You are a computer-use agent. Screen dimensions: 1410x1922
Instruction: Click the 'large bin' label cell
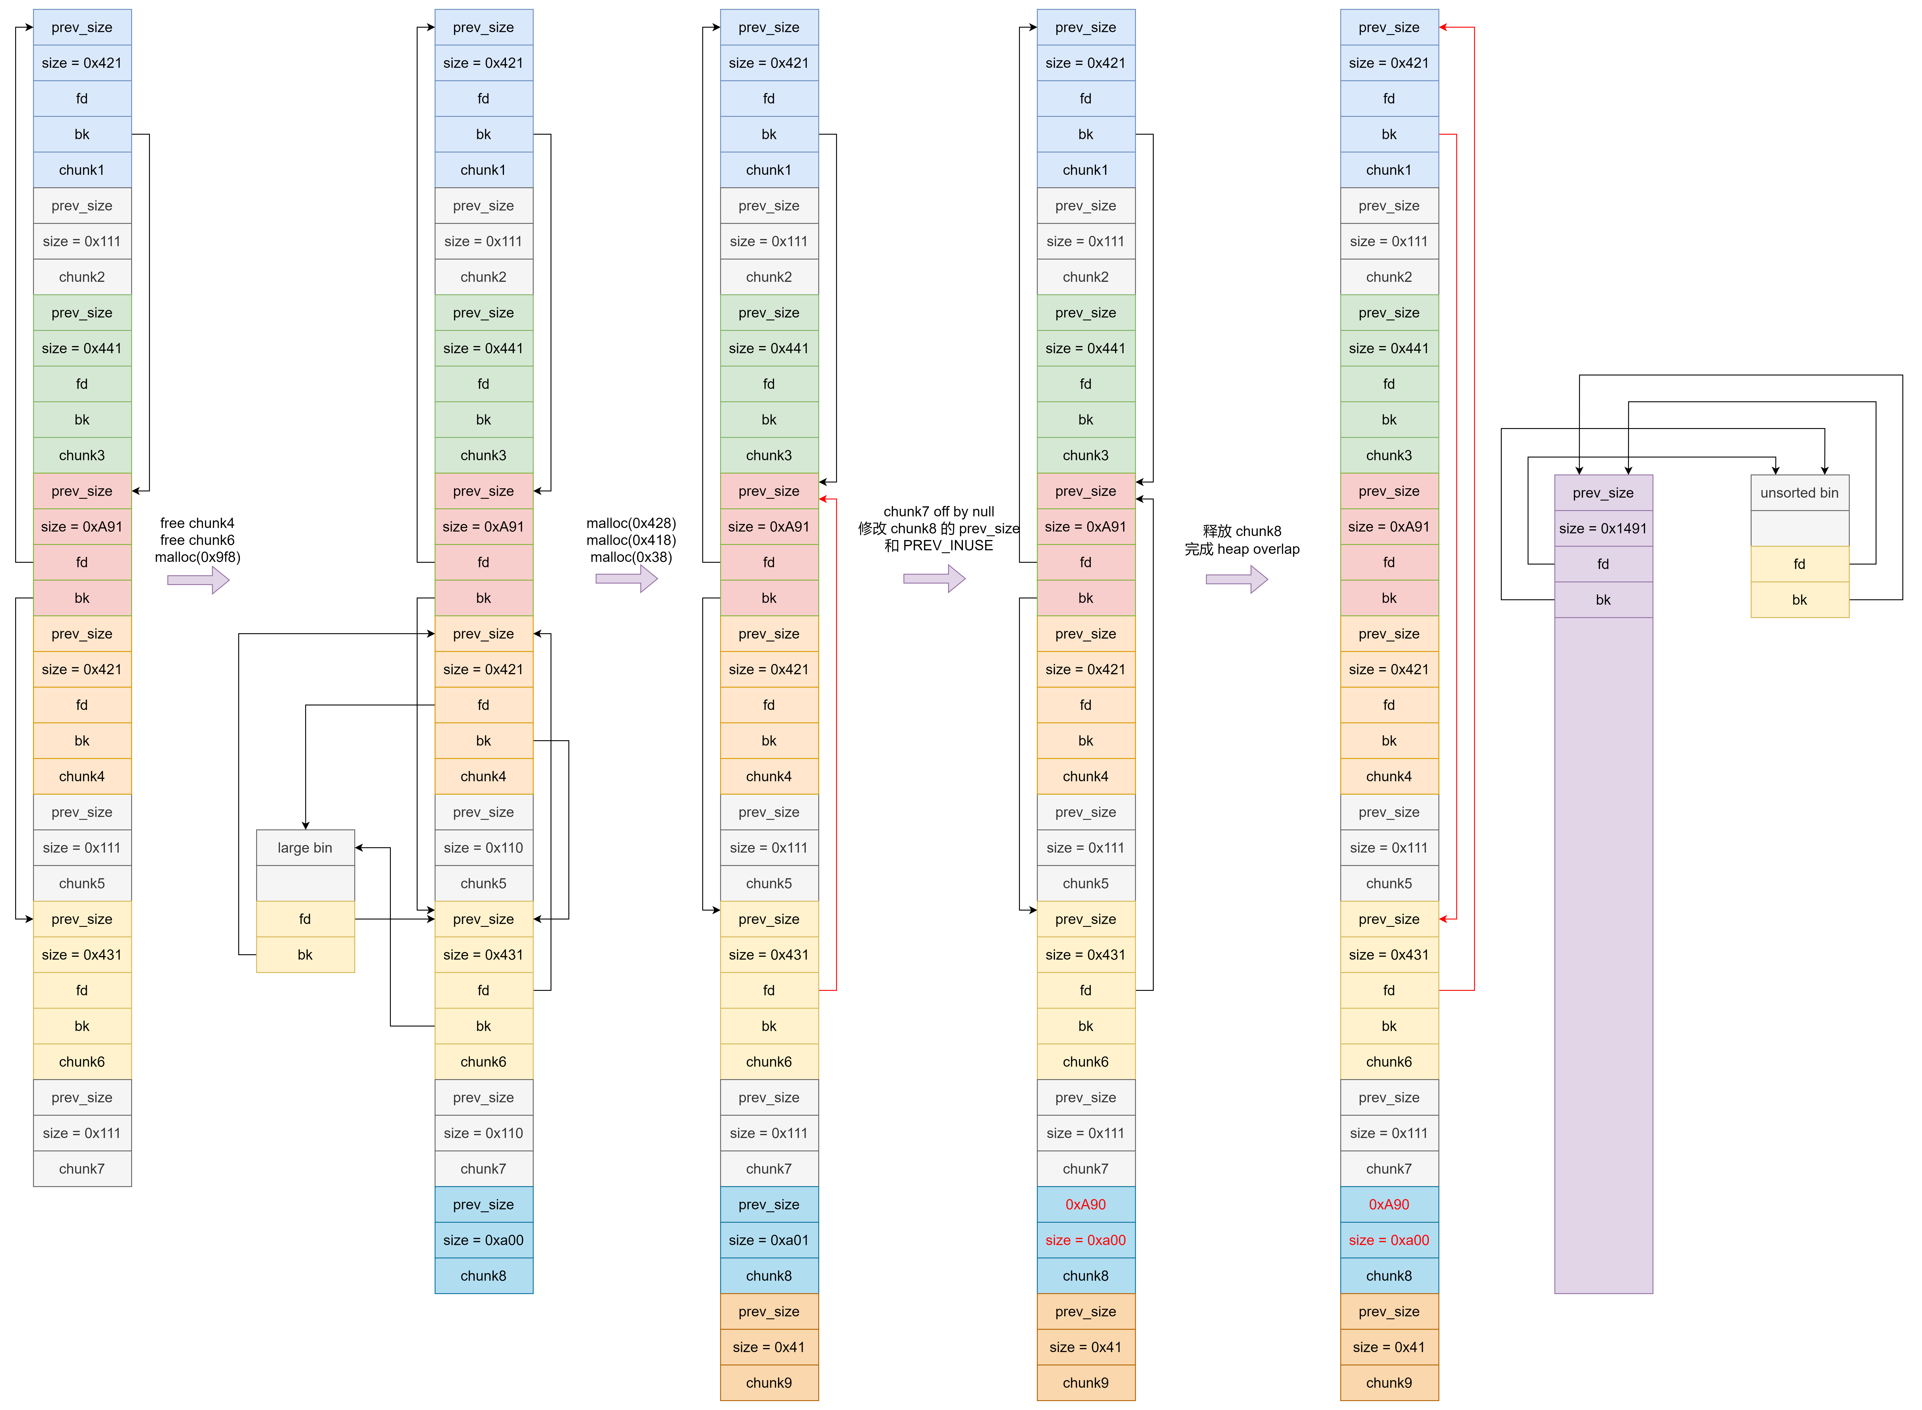click(305, 847)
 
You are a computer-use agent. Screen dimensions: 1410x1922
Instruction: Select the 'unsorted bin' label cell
click(1799, 493)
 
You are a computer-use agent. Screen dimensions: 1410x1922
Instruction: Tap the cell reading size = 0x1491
click(1603, 528)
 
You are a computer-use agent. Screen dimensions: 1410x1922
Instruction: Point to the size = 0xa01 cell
click(768, 1240)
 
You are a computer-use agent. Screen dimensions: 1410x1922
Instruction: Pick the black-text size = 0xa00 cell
click(483, 1240)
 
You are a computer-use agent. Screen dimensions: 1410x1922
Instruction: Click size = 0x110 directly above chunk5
click(483, 847)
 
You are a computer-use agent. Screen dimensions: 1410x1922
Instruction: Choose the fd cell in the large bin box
click(305, 919)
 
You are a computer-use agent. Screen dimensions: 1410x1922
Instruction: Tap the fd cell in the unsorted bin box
click(1799, 564)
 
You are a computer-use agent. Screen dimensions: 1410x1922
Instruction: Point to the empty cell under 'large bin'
click(305, 883)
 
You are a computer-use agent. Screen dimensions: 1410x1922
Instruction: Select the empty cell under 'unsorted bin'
click(1799, 528)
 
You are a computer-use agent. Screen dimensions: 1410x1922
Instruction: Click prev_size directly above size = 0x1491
click(1603, 493)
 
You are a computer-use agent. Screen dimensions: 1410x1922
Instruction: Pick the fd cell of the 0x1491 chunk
click(1603, 564)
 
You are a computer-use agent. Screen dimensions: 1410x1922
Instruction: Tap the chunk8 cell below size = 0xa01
click(768, 1276)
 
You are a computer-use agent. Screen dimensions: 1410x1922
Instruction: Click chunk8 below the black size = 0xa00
click(483, 1276)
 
